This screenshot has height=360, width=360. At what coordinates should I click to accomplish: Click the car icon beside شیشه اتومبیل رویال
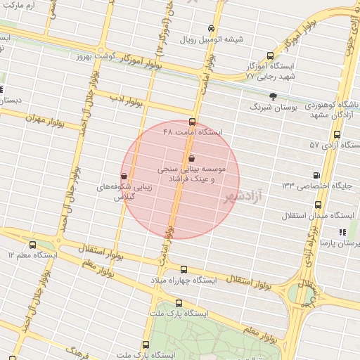[x=212, y=29]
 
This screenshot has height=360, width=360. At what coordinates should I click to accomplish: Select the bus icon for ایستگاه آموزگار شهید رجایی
[x=271, y=56]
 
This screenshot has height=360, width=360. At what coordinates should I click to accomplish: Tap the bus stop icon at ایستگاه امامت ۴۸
[x=193, y=122]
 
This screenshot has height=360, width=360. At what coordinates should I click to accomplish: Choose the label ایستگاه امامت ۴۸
[x=192, y=132]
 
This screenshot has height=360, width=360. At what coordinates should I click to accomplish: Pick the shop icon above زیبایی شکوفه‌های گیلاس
[x=124, y=176]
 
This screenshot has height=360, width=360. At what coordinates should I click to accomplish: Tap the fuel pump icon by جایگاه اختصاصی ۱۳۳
[x=316, y=176]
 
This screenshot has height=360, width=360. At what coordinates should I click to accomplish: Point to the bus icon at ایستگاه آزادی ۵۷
[x=337, y=134]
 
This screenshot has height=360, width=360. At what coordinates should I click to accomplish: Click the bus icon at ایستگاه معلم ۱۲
[x=32, y=245]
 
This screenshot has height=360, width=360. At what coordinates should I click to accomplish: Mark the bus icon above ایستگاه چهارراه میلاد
[x=184, y=269]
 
